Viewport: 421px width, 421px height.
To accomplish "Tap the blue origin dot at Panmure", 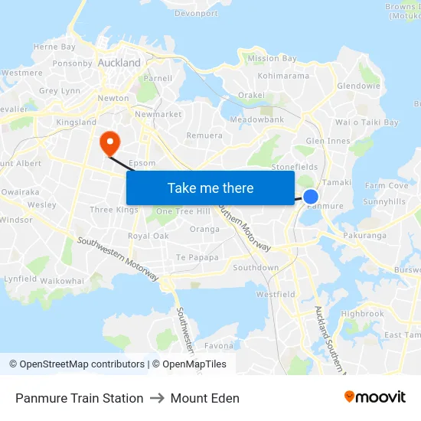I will pyautogui.click(x=311, y=197).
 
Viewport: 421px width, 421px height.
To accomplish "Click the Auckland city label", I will pyautogui.click(x=119, y=62).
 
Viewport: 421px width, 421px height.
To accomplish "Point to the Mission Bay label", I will pyautogui.click(x=272, y=58).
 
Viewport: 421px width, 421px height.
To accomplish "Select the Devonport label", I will pyautogui.click(x=196, y=13).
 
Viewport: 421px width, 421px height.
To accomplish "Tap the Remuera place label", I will pyautogui.click(x=205, y=135).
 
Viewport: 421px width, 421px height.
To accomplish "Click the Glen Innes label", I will pyautogui.click(x=328, y=141).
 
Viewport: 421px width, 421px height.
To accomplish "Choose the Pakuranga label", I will pyautogui.click(x=365, y=236).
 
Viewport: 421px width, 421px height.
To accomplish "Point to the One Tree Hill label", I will pyautogui.click(x=183, y=211).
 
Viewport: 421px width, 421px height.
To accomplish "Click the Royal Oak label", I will pyautogui.click(x=148, y=236).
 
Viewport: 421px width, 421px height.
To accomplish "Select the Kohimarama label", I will pyautogui.click(x=283, y=76).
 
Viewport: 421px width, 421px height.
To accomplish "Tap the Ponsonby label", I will pyautogui.click(x=73, y=64).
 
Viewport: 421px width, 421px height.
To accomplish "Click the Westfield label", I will pyautogui.click(x=276, y=294).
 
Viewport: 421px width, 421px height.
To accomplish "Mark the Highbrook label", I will pyautogui.click(x=362, y=314).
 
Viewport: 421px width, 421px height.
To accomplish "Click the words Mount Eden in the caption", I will pyautogui.click(x=204, y=398).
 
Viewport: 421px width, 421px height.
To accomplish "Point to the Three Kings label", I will pyautogui.click(x=113, y=210).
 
